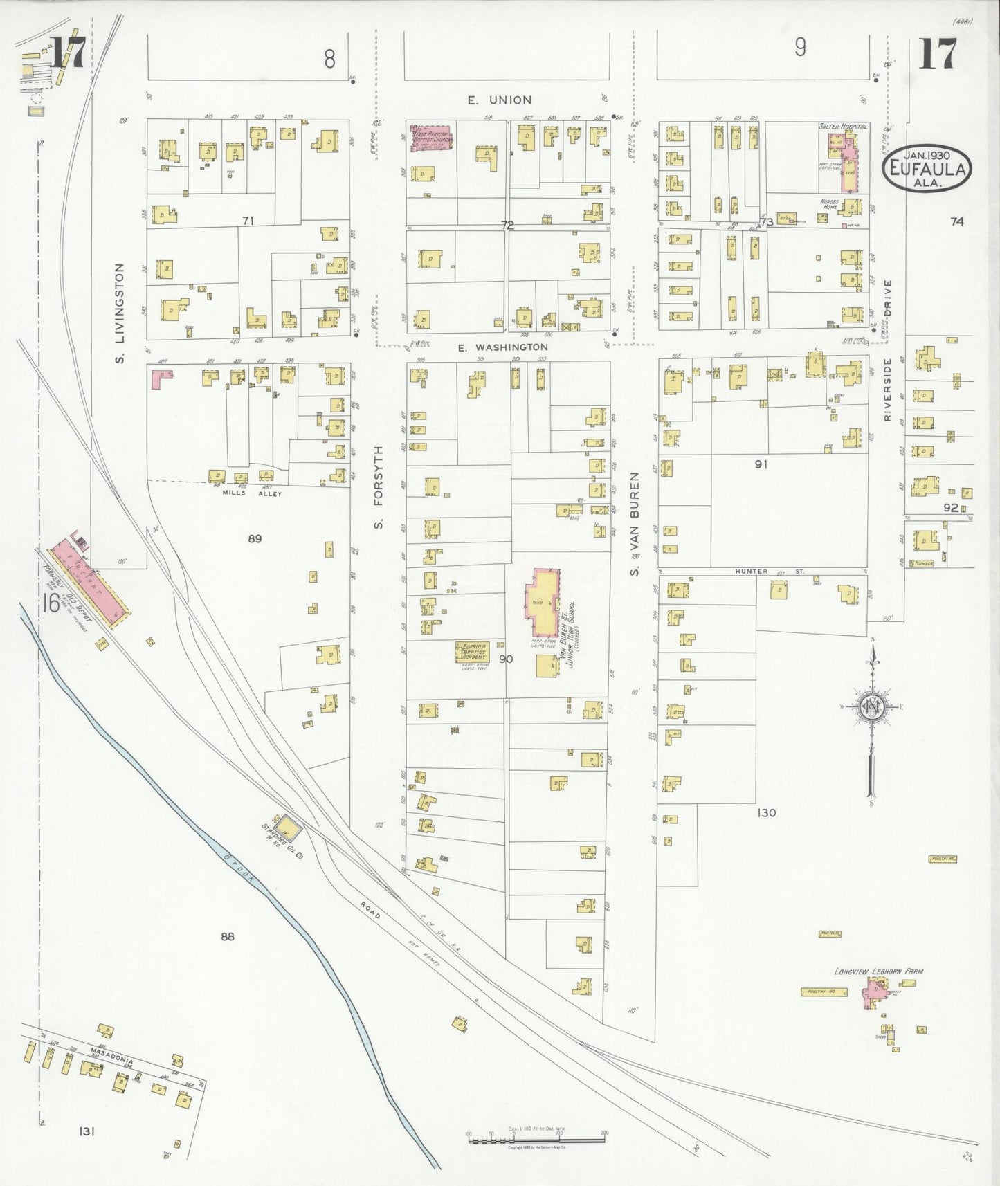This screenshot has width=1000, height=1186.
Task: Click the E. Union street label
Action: [x=499, y=101]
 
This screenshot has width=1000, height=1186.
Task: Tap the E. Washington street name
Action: [x=502, y=347]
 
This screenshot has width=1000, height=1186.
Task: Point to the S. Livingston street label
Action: [x=120, y=313]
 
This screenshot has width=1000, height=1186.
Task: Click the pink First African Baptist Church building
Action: [x=431, y=138]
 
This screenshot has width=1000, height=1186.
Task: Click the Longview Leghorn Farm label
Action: [x=878, y=971]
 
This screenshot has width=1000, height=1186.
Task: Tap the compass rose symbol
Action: [x=871, y=708]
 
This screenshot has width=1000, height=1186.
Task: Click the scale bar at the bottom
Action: [x=536, y=1138]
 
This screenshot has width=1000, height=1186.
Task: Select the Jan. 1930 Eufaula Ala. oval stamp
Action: [x=927, y=168]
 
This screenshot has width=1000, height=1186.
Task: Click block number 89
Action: [x=255, y=538]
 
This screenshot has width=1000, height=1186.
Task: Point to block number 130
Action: [x=766, y=812]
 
